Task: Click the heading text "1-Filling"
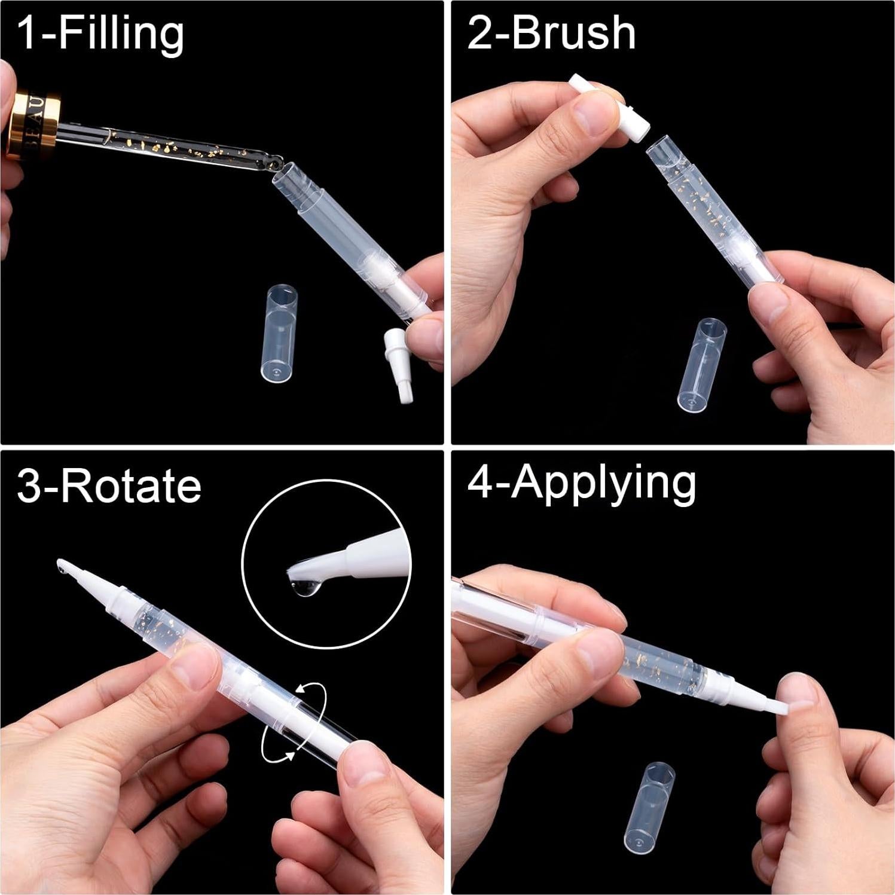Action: [100, 34]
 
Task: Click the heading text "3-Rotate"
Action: [109, 485]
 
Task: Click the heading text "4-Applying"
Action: [581, 483]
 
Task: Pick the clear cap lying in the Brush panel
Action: [702, 364]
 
